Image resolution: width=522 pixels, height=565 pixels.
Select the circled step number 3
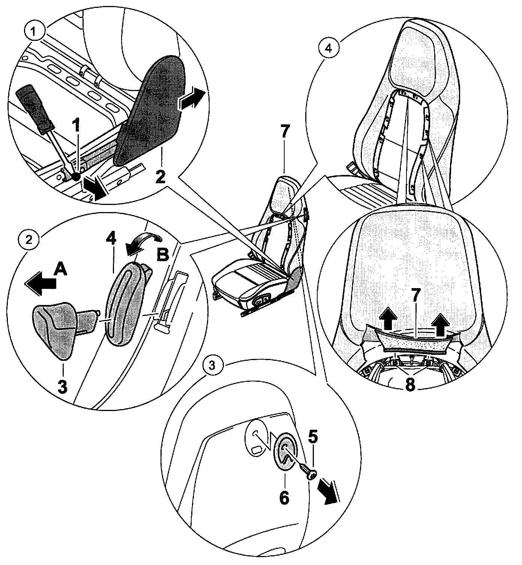(x=212, y=366)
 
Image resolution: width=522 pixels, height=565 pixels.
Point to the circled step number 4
(x=328, y=48)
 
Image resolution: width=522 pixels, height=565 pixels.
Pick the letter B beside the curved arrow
(x=162, y=256)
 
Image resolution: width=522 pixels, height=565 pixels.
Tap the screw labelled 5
(x=308, y=470)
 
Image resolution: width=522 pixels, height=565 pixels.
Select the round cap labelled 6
(x=285, y=453)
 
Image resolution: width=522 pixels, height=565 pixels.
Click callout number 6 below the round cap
(x=284, y=497)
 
